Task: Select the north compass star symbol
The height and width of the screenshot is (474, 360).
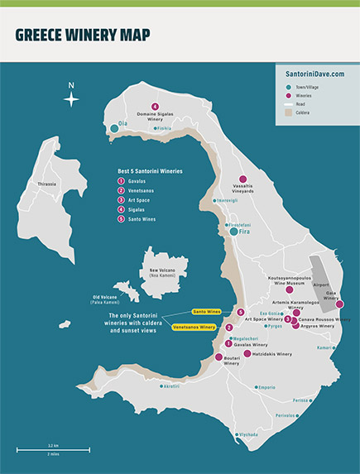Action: (72, 98)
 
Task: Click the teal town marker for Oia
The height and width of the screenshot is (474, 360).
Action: (114, 128)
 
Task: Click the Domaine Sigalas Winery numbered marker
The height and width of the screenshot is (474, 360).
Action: (156, 107)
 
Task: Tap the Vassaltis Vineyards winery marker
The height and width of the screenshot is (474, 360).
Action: (242, 180)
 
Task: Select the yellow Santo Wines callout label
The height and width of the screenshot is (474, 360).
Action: (209, 312)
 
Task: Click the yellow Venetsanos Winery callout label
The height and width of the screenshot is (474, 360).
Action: (194, 328)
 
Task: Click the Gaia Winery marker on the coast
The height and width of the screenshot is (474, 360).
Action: (339, 304)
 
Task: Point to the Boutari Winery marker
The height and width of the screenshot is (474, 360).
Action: (219, 357)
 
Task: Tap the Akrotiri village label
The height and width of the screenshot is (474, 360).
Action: (172, 386)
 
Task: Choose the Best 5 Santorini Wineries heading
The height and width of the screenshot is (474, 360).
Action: (150, 170)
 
